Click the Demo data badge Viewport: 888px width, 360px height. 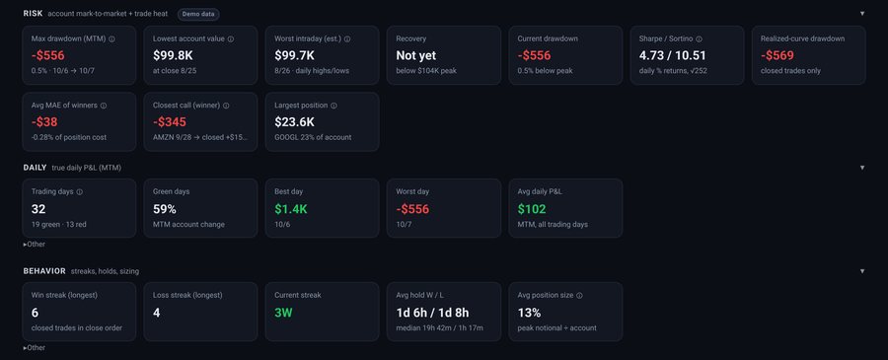[198, 14]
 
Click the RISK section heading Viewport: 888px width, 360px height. [33, 14]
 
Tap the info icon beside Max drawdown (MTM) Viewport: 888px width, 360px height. [111, 39]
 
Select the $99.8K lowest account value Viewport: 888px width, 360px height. [173, 55]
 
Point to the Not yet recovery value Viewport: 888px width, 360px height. [415, 55]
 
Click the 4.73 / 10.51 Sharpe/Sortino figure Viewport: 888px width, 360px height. [672, 55]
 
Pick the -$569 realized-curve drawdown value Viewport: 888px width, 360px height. [777, 55]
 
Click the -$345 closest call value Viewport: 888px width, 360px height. [170, 122]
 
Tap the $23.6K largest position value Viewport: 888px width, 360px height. [293, 122]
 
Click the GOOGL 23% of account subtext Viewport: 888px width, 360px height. [313, 137]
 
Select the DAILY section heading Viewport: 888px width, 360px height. [36, 168]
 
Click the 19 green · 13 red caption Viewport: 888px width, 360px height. [59, 224]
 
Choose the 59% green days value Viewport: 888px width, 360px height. [164, 209]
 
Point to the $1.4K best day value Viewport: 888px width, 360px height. [290, 209]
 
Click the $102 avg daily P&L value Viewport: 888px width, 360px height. [532, 209]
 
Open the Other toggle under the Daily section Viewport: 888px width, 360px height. [34, 245]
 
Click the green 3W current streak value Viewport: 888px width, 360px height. [283, 313]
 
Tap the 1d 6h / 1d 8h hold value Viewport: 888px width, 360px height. [432, 313]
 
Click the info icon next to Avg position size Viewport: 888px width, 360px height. [579, 296]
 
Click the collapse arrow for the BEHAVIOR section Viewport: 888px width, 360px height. [862, 271]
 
